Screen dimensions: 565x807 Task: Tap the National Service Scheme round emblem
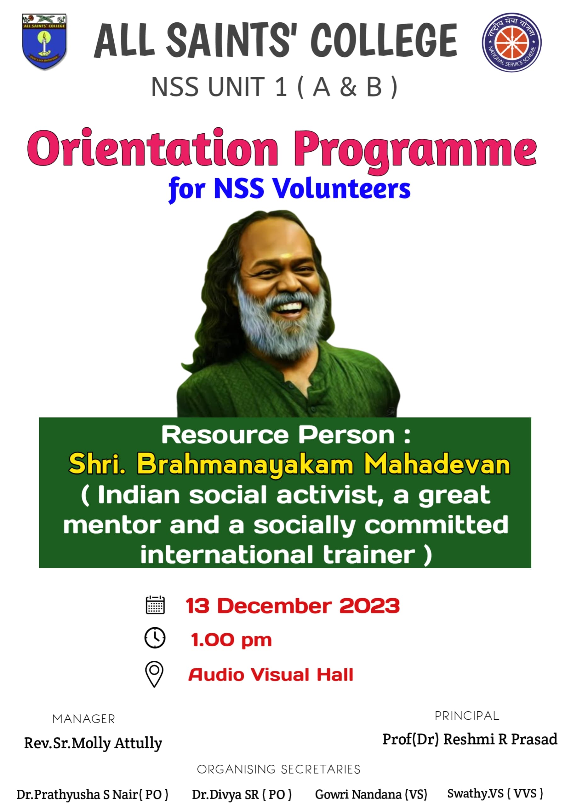click(x=512, y=42)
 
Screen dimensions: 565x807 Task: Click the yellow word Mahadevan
click(x=437, y=464)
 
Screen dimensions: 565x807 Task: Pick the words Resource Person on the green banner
click(x=278, y=435)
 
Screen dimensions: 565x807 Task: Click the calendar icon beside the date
click(x=155, y=605)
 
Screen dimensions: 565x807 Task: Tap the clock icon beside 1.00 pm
click(x=155, y=638)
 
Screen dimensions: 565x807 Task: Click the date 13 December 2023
click(x=293, y=606)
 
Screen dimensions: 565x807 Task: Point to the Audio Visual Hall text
click(x=271, y=675)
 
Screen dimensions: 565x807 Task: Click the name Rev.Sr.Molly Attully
click(x=93, y=743)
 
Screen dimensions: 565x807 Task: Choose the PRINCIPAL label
click(x=467, y=716)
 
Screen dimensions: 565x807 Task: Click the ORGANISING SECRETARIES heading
click(x=279, y=769)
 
